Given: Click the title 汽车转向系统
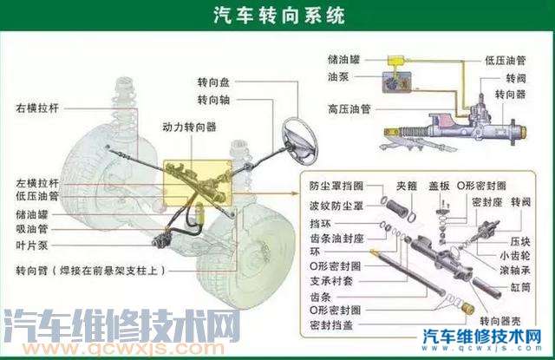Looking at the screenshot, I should pyautogui.click(x=277, y=16).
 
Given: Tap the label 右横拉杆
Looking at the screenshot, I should pyautogui.click(x=36, y=109).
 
